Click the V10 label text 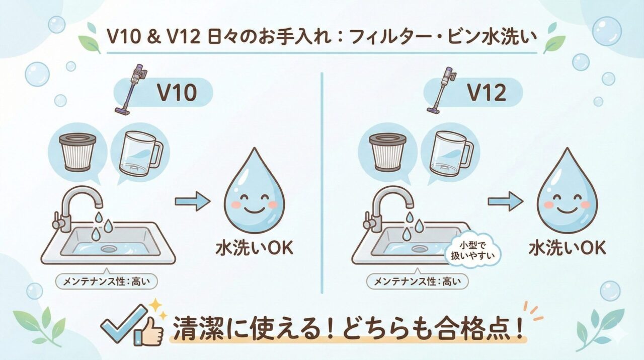click(x=177, y=93)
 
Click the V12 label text click(x=487, y=93)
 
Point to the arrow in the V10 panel click(x=192, y=202)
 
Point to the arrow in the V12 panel click(x=505, y=202)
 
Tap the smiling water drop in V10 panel click(x=254, y=194)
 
